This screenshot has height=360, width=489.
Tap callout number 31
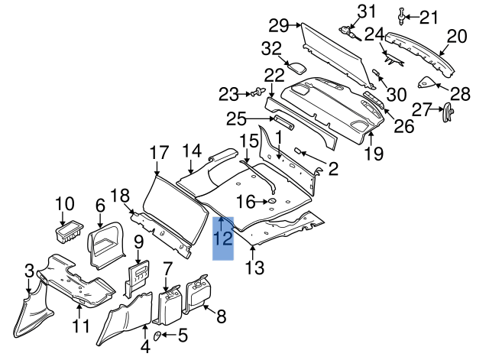click(368, 11)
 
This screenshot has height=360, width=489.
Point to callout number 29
click(278, 25)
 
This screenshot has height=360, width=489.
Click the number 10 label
click(65, 204)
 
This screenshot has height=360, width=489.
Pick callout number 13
click(254, 268)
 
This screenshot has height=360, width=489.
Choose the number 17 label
click(158, 152)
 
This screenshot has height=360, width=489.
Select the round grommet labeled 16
click(270, 202)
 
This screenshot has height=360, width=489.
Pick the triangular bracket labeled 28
click(430, 82)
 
